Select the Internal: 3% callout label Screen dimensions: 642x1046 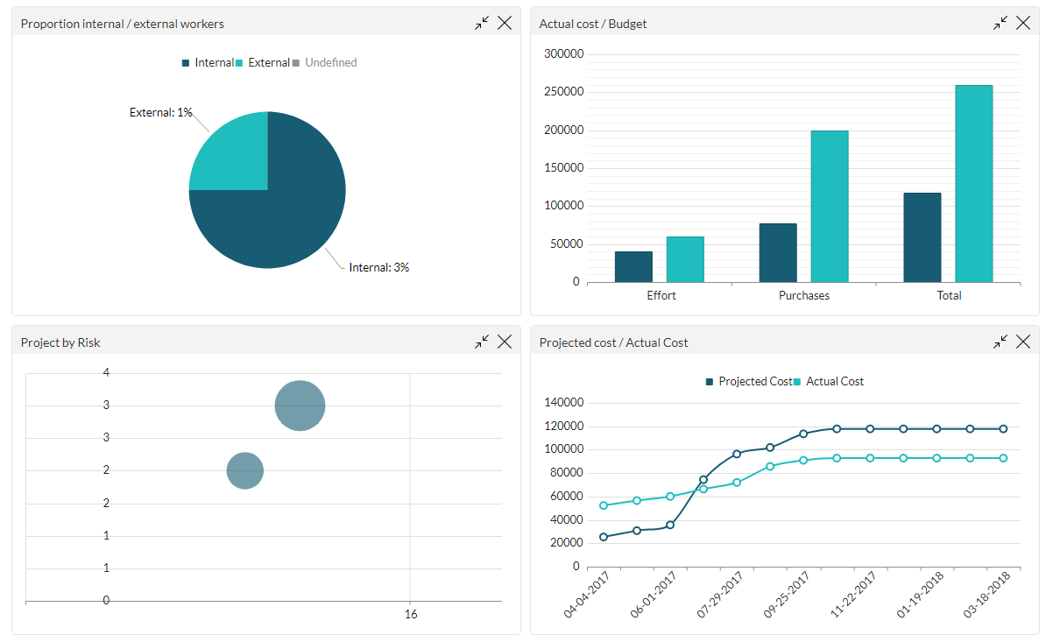378,267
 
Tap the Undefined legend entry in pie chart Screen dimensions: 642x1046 330,63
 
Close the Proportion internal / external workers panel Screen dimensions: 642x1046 505,24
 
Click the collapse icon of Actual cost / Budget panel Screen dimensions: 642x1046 1000,24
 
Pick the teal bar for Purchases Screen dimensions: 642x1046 829,206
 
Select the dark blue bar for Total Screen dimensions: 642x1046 922,237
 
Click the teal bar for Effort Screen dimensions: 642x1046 684,259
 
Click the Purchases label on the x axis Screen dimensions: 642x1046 803,296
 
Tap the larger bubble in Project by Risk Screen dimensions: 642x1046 300,406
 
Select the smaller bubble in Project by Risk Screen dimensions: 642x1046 245,470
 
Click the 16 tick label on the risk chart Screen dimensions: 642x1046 411,615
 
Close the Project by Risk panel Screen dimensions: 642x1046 505,342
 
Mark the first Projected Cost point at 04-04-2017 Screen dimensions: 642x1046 604,537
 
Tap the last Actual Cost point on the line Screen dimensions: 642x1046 1003,458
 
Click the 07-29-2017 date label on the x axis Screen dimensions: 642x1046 720,596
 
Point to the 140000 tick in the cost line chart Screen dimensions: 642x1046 563,403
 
